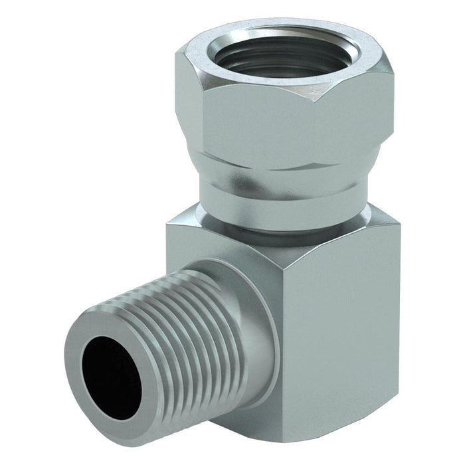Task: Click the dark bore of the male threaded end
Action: point(110,375)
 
